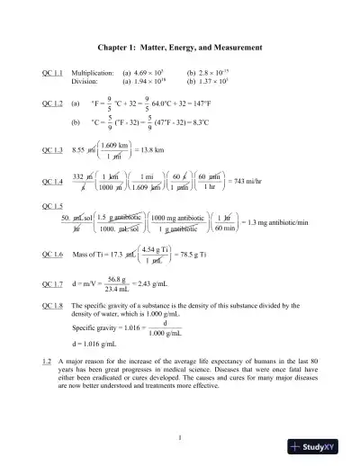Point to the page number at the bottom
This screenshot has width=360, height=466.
tap(181, 438)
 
